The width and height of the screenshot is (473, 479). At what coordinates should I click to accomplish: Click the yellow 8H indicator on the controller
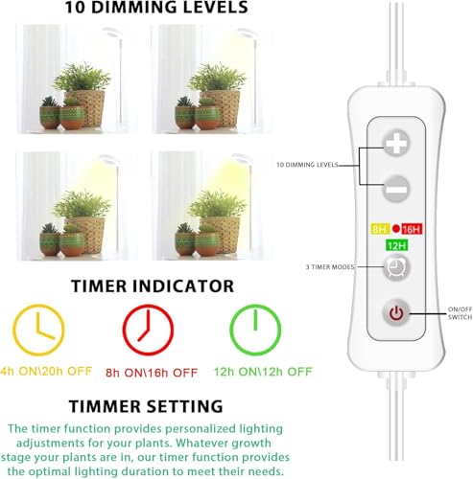coord(378,230)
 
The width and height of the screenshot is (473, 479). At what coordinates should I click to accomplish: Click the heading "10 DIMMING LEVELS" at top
coord(156,9)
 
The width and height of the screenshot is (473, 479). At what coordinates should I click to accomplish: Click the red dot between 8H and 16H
coord(394,230)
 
